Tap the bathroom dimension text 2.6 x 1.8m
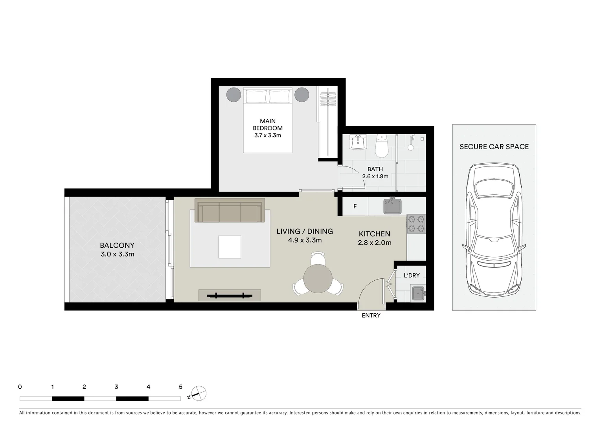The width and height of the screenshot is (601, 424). click(x=375, y=176)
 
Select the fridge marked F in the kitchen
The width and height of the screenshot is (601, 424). click(x=355, y=206)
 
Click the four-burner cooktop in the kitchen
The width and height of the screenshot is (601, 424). click(x=416, y=224)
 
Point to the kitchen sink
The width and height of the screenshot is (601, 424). click(x=392, y=207)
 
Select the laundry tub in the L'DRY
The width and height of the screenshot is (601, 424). click(x=418, y=293)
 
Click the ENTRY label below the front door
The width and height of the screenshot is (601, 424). click(x=371, y=315)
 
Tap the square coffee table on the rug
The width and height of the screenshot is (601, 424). click(x=230, y=247)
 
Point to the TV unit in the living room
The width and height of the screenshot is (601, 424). click(x=230, y=295)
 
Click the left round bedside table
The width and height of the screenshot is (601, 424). click(x=233, y=95)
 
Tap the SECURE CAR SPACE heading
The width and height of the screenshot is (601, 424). click(x=494, y=147)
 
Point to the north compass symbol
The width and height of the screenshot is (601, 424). click(x=199, y=393)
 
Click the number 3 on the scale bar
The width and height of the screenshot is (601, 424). click(x=116, y=387)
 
